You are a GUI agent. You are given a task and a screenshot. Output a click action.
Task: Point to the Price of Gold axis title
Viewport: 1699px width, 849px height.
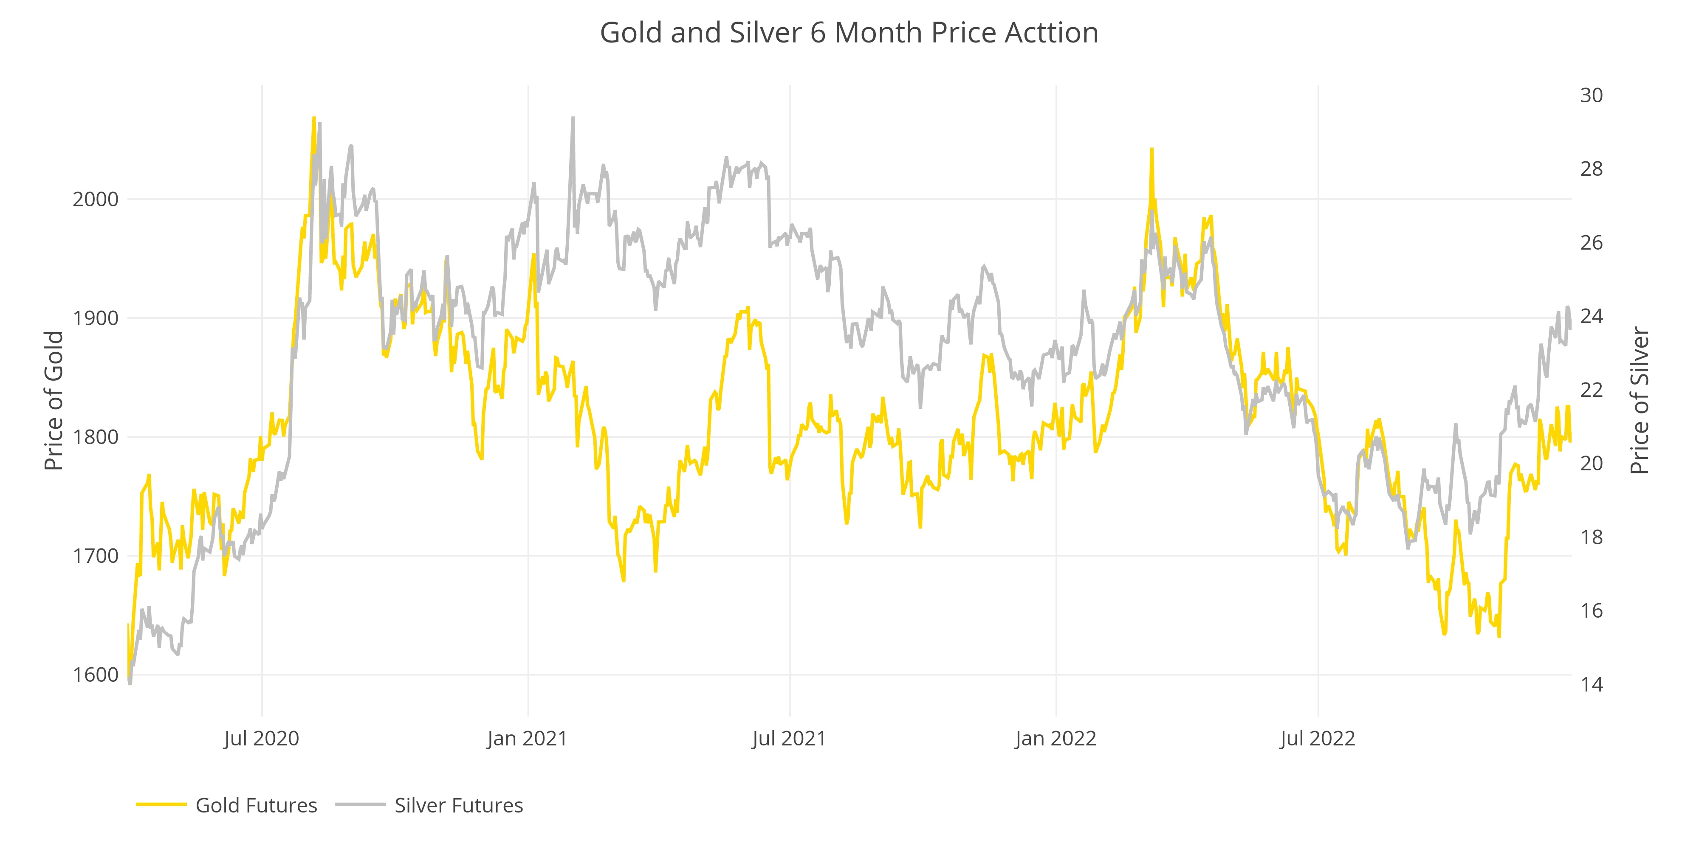(54, 401)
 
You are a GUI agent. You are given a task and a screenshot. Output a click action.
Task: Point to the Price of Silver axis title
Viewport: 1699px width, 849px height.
(1640, 401)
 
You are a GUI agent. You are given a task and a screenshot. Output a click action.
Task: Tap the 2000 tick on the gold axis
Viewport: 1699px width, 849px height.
(96, 199)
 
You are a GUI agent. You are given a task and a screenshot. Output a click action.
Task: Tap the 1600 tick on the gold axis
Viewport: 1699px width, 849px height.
(96, 675)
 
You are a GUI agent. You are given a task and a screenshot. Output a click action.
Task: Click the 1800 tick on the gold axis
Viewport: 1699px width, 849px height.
(96, 437)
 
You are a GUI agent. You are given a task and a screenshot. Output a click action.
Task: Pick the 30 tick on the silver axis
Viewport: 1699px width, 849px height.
(1591, 96)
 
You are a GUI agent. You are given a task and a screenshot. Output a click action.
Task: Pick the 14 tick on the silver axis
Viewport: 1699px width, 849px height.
(1591, 684)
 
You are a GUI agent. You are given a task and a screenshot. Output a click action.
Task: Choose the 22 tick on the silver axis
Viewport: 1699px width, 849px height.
(1591, 390)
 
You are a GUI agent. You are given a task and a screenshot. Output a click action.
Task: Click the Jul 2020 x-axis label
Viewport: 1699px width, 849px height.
(262, 738)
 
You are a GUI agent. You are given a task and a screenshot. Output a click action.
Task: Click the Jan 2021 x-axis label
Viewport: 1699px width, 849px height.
(528, 738)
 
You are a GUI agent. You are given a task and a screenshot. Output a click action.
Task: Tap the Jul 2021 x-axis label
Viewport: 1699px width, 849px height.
(790, 738)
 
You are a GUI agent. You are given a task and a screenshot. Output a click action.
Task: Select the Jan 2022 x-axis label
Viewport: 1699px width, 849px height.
(1056, 738)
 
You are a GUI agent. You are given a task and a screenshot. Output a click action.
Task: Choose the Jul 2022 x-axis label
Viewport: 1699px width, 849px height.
(1318, 738)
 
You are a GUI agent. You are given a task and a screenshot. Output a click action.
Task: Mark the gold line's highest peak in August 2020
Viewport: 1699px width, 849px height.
(313, 119)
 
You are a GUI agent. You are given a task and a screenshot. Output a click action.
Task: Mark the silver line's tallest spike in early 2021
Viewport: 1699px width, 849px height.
(573, 119)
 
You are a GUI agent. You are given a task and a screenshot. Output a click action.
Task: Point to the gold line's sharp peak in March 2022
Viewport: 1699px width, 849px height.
(1151, 149)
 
